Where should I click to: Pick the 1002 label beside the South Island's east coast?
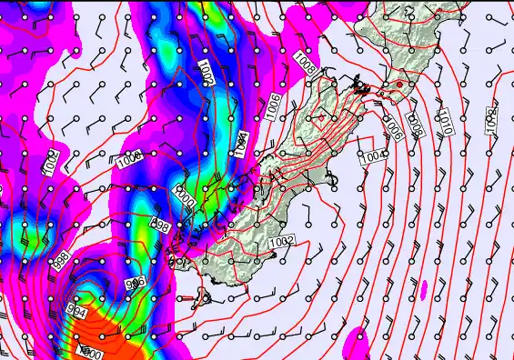[x=282, y=241]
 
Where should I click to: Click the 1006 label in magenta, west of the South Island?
[x=128, y=163]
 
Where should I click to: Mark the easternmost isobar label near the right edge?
[x=491, y=117]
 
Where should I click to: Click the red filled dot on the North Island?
[x=398, y=85]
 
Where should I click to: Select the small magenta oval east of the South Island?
[x=423, y=289]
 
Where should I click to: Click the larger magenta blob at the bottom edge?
[x=357, y=344]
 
